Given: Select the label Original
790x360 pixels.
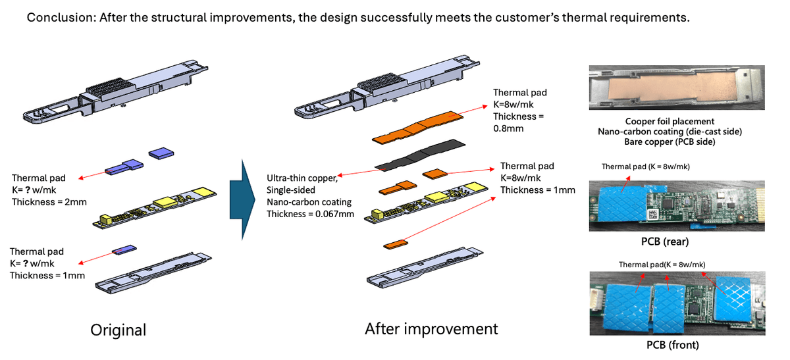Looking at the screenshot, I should (118, 329).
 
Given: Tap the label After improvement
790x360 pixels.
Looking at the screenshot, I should (431, 328).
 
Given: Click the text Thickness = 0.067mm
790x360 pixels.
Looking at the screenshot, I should (308, 213).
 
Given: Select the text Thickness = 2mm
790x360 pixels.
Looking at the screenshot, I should (49, 201).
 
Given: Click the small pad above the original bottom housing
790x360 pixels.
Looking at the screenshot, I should (123, 250).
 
